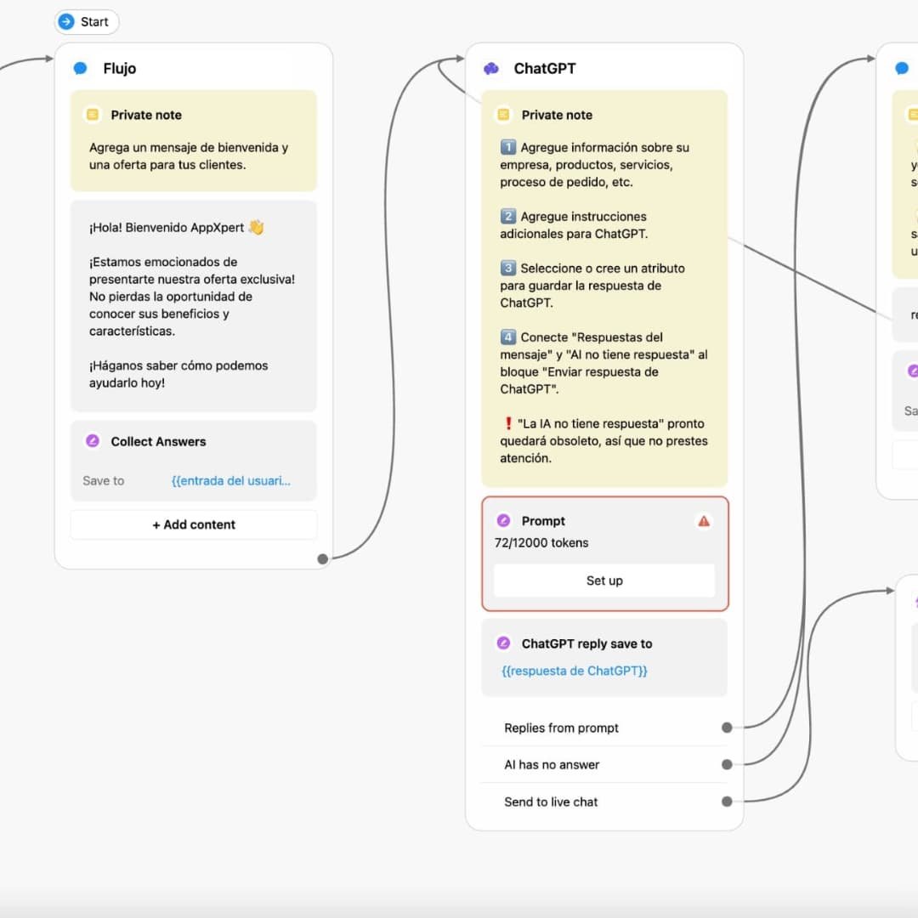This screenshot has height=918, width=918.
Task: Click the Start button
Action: (86, 22)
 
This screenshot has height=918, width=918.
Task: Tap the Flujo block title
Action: (119, 69)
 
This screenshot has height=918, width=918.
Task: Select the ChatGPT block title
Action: (544, 69)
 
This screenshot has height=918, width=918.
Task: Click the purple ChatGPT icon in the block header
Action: (491, 69)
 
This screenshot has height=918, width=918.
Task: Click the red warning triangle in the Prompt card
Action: (704, 521)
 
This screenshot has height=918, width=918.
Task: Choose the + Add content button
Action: (194, 524)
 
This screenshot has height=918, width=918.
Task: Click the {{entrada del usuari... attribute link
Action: (230, 481)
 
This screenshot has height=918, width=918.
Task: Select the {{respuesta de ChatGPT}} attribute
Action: (575, 671)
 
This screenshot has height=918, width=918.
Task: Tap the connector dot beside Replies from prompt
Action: (727, 728)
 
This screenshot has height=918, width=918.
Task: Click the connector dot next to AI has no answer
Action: (727, 764)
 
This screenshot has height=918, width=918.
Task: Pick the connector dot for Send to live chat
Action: (727, 802)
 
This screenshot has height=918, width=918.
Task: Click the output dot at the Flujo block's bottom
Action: (322, 558)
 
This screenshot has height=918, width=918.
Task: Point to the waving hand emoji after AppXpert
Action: (256, 228)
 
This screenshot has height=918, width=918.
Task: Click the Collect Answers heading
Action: (158, 441)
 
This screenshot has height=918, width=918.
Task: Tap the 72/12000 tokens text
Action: (541, 542)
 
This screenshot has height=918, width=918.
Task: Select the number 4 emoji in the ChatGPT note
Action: (508, 337)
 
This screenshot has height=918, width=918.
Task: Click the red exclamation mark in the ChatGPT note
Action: (508, 423)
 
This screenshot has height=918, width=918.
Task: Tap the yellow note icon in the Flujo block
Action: (93, 115)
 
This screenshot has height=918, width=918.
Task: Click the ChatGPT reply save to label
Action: (586, 643)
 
